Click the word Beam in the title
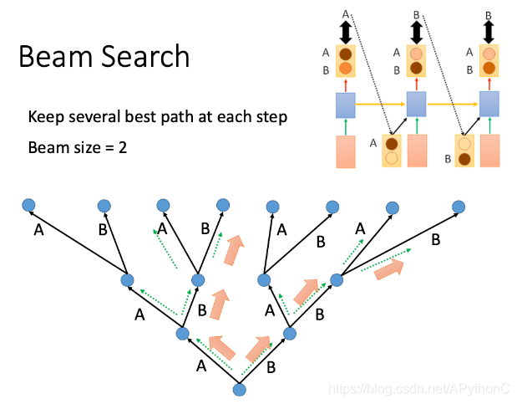[52, 57]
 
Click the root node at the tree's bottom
[239, 388]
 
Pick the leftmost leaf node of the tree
[28, 204]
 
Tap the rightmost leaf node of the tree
[458, 206]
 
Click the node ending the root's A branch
[183, 334]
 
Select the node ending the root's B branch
[291, 333]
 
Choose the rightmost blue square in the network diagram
[488, 105]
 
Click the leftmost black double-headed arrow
[345, 32]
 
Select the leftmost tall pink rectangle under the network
[346, 151]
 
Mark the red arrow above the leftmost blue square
[345, 85]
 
